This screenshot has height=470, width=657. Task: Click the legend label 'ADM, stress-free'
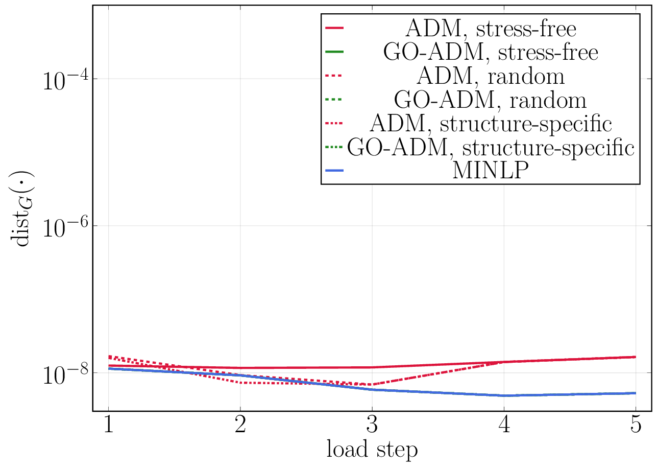(x=491, y=29)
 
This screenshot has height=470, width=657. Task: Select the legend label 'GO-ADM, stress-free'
(x=491, y=53)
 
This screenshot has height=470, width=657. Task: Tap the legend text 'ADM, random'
(x=491, y=76)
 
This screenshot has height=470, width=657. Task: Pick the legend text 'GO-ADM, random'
(x=491, y=100)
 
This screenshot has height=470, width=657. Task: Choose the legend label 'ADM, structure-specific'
(x=491, y=124)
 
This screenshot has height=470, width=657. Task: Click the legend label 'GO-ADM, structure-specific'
(x=491, y=147)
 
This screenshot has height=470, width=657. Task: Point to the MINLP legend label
(x=491, y=171)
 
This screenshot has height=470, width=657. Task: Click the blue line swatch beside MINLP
(x=335, y=171)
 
